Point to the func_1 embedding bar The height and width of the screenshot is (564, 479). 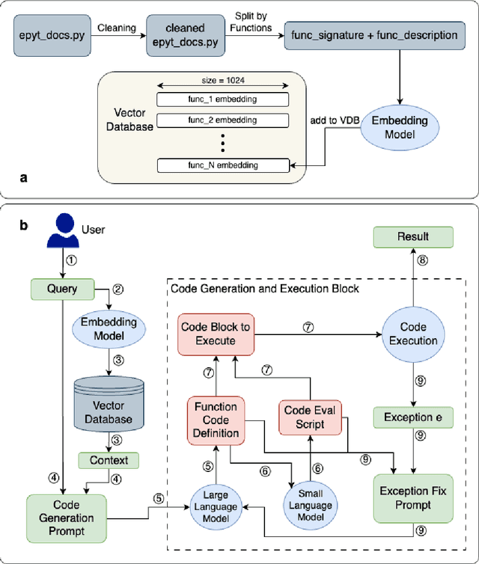coord(222,99)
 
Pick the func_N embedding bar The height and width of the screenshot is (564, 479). coord(222,165)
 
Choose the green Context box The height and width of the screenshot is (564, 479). coord(109,460)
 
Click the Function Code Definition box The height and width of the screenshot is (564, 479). coord(216,420)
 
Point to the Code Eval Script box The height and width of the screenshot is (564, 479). coord(310,416)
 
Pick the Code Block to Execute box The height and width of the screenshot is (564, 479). coord(216,334)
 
